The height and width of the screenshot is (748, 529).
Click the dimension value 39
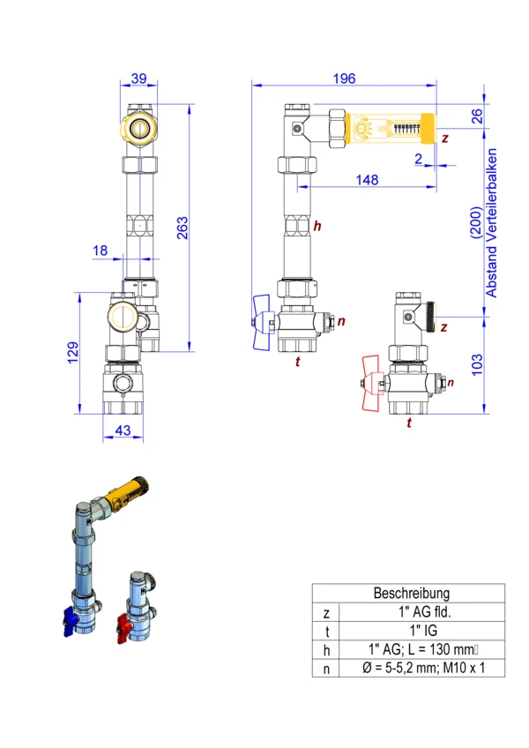click(x=138, y=79)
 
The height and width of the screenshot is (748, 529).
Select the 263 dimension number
click(x=183, y=228)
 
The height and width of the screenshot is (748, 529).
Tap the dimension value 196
click(x=344, y=79)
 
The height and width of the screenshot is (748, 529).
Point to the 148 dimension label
click(x=367, y=180)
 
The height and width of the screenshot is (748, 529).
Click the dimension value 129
click(x=73, y=353)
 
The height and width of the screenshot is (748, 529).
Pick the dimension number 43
click(x=123, y=430)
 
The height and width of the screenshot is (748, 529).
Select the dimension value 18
click(x=101, y=251)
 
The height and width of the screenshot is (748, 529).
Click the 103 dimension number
click(x=477, y=365)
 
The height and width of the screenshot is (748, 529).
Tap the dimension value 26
click(x=477, y=116)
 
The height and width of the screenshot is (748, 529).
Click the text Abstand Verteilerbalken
click(x=491, y=223)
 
